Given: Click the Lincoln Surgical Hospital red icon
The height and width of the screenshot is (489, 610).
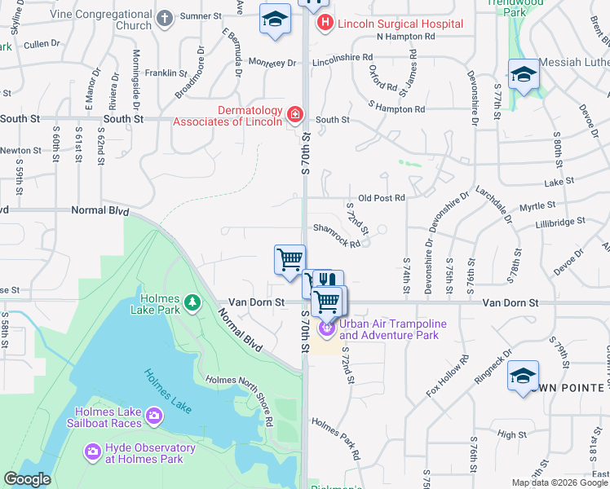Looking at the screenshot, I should click(x=325, y=24).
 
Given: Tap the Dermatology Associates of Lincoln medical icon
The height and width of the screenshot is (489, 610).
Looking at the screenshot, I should click(x=294, y=117).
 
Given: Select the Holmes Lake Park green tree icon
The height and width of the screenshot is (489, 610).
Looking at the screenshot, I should click(x=192, y=303).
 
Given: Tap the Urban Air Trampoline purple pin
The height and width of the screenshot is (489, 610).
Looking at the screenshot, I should click(x=326, y=328).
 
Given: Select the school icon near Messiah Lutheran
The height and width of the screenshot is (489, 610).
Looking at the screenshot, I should click(x=523, y=75).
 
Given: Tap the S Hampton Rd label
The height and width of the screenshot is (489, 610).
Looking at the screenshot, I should click(x=396, y=108).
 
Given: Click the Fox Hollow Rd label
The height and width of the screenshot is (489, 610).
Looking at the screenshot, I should click(x=448, y=377).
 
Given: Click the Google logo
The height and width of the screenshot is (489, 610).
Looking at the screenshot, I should click(x=27, y=479).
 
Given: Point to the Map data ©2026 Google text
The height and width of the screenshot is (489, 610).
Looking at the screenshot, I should click(x=559, y=482).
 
